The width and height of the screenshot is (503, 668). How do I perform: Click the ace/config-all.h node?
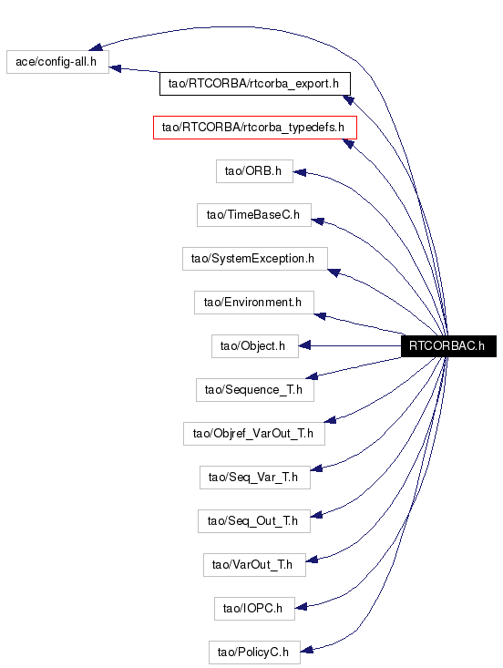tap(58, 62)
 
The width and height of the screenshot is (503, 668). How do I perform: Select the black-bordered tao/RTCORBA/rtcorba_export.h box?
tap(255, 84)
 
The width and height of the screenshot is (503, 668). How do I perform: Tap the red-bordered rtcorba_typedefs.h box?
tap(255, 128)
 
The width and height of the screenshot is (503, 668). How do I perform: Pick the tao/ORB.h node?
tap(255, 171)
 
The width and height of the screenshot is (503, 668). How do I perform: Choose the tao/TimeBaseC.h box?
tap(254, 215)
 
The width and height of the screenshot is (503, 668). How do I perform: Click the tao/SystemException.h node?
tap(255, 259)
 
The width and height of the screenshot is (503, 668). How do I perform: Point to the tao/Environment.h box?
tap(254, 303)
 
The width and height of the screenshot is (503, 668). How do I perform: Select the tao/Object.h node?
tap(255, 346)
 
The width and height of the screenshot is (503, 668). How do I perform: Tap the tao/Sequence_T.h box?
tap(255, 390)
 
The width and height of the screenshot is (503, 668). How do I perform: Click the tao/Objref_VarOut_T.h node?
tap(254, 434)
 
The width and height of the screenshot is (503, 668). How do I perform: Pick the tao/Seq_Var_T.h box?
tap(255, 478)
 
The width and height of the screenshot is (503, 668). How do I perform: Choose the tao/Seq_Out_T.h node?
tap(254, 521)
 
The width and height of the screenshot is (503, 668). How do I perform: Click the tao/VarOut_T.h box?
tap(255, 565)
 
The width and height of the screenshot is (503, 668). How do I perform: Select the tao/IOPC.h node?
tap(255, 609)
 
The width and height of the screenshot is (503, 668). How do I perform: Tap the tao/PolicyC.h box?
tap(255, 653)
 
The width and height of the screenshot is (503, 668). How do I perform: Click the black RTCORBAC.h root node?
tap(449, 346)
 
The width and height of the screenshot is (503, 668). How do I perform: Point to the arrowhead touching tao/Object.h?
tap(304, 345)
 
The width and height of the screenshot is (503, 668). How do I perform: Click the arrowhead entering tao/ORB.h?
tap(300, 172)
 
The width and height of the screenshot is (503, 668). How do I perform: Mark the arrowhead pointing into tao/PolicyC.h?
tap(307, 650)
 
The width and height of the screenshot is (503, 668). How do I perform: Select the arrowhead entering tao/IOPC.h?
tap(301, 607)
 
